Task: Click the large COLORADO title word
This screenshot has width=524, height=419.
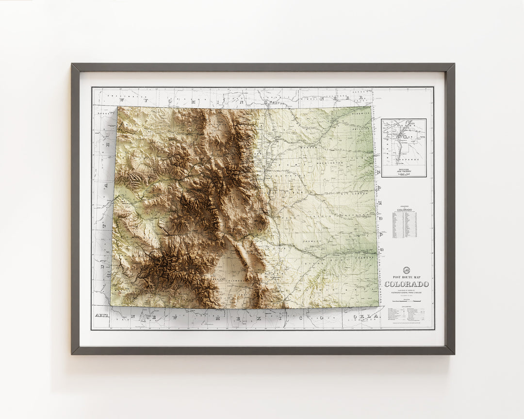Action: [x=407, y=284]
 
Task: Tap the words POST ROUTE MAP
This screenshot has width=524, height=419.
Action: [x=407, y=277]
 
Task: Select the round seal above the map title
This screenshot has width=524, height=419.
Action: [x=407, y=271]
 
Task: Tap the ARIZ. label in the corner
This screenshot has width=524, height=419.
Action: [x=101, y=316]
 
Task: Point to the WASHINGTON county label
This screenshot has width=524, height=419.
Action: [x=330, y=163]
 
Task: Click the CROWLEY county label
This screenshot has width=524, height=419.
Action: [x=311, y=241]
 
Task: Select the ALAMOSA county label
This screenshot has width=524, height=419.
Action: [x=227, y=280]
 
